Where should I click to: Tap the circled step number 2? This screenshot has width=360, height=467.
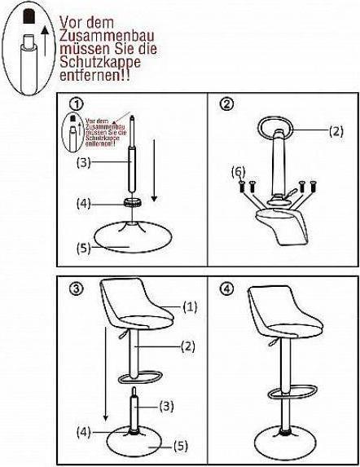pyautogui.click(x=227, y=104)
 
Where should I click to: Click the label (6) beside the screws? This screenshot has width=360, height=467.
pyautogui.click(x=238, y=172)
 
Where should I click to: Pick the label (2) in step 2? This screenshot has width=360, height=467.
pyautogui.click(x=336, y=130)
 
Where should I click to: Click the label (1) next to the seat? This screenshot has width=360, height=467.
pyautogui.click(x=190, y=329)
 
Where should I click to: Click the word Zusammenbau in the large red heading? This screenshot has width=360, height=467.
pyautogui.click(x=98, y=37)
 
